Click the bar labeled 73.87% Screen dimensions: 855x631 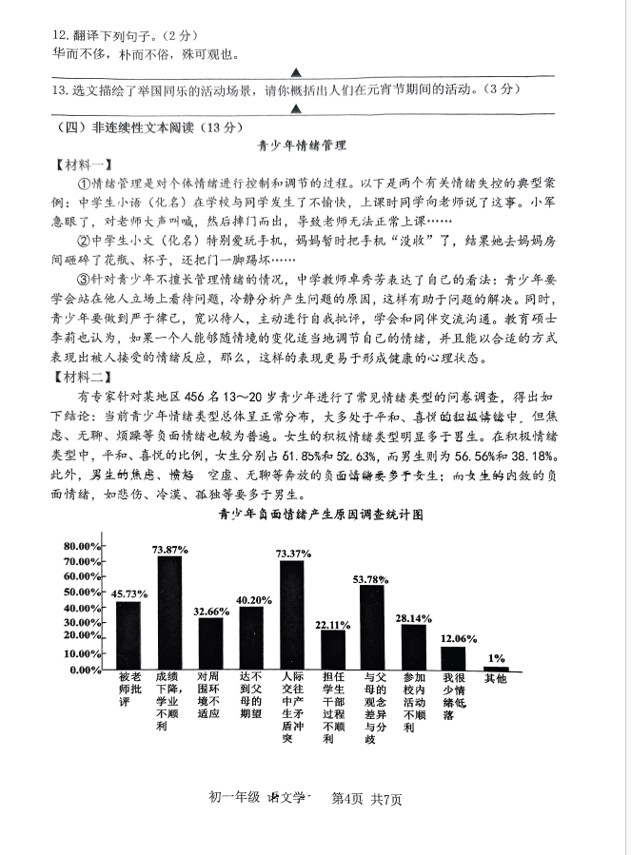169,612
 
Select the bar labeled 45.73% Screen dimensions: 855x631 128,635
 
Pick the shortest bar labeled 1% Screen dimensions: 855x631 496,668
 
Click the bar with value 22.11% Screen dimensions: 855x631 331,651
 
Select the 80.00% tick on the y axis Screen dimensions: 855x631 83,546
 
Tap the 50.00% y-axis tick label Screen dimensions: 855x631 83,593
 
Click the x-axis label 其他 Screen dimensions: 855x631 496,679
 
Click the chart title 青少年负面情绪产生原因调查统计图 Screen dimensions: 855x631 320,514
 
